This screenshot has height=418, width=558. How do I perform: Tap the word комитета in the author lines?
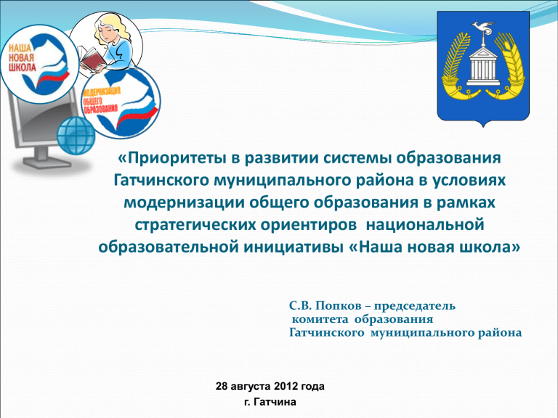[320, 319]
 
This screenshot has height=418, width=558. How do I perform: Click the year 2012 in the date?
[286, 386]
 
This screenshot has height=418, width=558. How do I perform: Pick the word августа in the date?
[251, 386]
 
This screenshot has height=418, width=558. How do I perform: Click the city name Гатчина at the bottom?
[275, 402]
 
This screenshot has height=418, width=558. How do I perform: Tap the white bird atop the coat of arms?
[482, 28]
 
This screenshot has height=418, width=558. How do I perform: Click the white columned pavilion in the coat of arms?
[483, 67]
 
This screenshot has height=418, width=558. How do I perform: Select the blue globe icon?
[76, 136]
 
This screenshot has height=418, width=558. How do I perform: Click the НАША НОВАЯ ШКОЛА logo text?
[21, 57]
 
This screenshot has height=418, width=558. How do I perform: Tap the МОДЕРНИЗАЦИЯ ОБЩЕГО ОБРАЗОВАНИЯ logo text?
[101, 101]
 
